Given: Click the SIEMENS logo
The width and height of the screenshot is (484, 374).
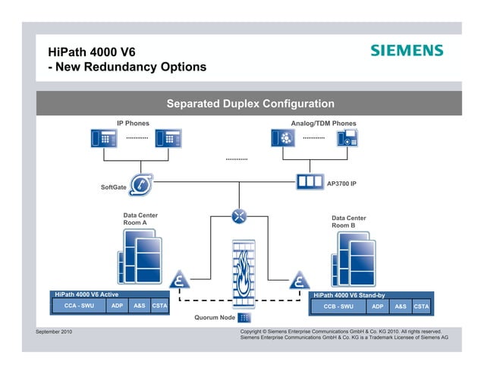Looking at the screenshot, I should pyautogui.click(x=406, y=50).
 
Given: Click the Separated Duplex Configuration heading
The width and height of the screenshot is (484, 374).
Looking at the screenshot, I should pyautogui.click(x=250, y=103).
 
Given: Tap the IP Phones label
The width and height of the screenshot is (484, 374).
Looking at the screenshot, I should pyautogui.click(x=133, y=123).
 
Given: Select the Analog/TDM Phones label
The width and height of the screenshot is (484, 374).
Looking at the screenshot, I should pyautogui.click(x=323, y=123).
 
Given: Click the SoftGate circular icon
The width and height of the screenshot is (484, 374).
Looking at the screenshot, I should pyautogui.click(x=140, y=184).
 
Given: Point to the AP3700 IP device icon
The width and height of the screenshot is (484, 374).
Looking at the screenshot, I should pyautogui.click(x=308, y=183).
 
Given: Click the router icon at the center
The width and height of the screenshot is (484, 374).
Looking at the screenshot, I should pyautogui.click(x=240, y=215).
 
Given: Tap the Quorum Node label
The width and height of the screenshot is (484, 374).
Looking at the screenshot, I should pyautogui.click(x=215, y=317).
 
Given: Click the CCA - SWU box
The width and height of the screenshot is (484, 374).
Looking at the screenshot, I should pyautogui.click(x=79, y=306).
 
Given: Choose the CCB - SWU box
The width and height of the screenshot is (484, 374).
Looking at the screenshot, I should pyautogui.click(x=338, y=306).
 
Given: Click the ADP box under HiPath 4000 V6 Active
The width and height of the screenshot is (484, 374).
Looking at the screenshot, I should pyautogui.click(x=117, y=306).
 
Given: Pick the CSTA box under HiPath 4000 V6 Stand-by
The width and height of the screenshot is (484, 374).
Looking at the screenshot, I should pyautogui.click(x=422, y=306).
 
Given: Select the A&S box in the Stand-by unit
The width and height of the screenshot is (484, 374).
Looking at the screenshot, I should pyautogui.click(x=400, y=306).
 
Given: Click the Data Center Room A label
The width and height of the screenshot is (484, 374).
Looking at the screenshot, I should pyautogui.click(x=140, y=219).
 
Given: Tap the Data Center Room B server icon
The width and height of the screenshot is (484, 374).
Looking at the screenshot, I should pyautogui.click(x=353, y=258).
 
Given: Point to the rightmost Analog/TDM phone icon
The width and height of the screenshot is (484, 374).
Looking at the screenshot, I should pyautogui.click(x=347, y=138).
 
